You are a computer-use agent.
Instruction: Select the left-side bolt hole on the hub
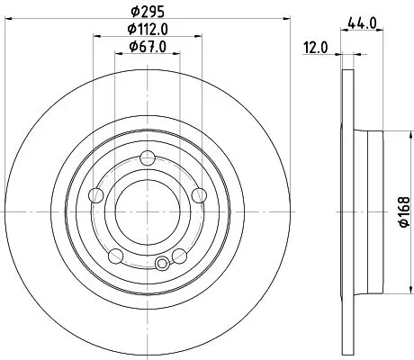coord(96,194)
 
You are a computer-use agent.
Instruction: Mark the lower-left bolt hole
coord(114,256)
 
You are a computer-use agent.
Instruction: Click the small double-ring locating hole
coord(162,264)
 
